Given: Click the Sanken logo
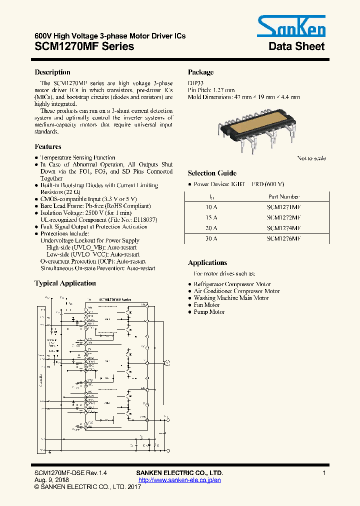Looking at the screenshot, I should (291, 26).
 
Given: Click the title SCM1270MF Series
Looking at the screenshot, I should (84, 46).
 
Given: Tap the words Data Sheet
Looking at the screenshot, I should (296, 46).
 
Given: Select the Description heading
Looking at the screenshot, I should (52, 72).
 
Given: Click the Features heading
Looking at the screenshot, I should (48, 146).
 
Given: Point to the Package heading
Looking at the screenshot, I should (200, 72).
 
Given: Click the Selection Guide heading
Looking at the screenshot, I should (212, 173).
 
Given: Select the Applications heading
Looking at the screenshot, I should (207, 262).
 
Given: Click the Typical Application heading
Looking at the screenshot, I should (65, 283).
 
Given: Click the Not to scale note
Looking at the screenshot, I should (311, 158).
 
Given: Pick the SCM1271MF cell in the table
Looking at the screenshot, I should (283, 206).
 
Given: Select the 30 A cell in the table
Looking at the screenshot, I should (211, 238).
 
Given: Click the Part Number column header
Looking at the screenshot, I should (283, 196).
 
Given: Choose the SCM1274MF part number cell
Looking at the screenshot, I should (283, 228).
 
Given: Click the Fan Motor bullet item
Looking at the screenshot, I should (206, 305).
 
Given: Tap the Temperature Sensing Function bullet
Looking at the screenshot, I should (77, 157).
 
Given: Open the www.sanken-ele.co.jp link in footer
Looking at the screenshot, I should (179, 480).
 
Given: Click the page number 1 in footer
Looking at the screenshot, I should (324, 473).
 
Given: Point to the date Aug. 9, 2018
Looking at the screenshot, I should (51, 480).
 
